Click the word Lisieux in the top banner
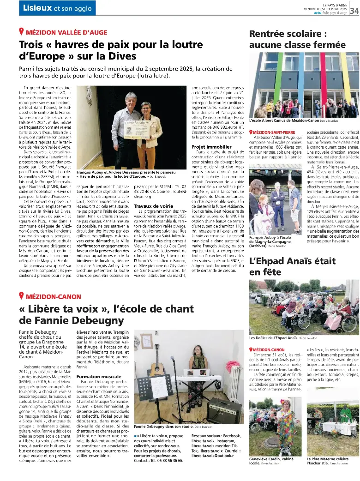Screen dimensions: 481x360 click(x=37, y=8)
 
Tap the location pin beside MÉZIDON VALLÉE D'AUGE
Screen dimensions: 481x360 click(x=21, y=32)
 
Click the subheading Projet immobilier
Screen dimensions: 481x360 click(x=212, y=147)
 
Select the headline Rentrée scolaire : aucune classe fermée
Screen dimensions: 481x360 click(x=297, y=39)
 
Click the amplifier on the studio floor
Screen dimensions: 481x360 click(x=223, y=410)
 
